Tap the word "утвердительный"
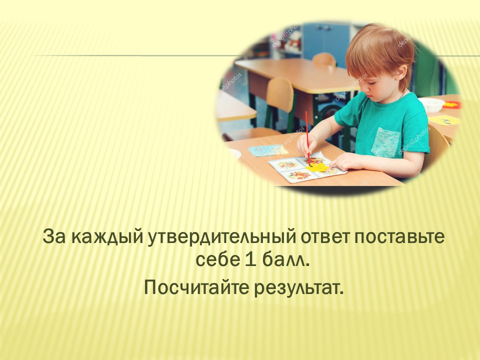point(222,237)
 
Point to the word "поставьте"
point(399,237)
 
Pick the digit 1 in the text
point(249,260)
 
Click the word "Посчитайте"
point(196,287)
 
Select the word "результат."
point(299,288)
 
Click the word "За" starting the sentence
point(54,237)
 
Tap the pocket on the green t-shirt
point(385,142)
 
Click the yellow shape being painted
point(317,167)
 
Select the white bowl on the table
point(431,104)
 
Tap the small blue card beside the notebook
point(268,150)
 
